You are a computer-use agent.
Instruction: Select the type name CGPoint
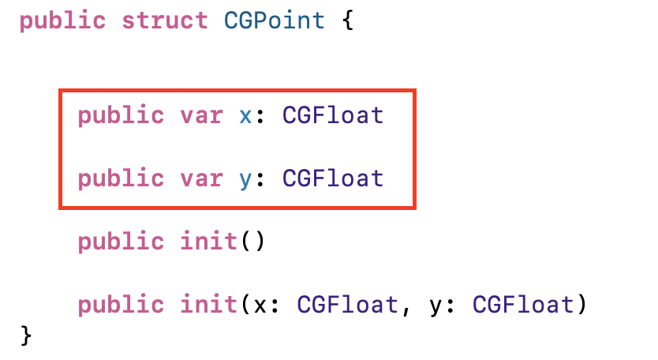pyautogui.click(x=275, y=21)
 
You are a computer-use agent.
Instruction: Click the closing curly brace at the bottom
pyautogui.click(x=26, y=336)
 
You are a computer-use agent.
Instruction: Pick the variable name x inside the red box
pyautogui.click(x=245, y=115)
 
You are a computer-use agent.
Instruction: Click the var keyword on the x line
pyautogui.click(x=200, y=115)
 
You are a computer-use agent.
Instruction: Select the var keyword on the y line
pyautogui.click(x=200, y=178)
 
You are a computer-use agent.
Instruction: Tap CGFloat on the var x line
pyautogui.click(x=333, y=115)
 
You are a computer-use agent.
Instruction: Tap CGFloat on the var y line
pyautogui.click(x=333, y=178)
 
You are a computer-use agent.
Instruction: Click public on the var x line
pyautogui.click(x=122, y=115)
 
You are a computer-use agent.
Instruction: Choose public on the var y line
pyautogui.click(x=122, y=178)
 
